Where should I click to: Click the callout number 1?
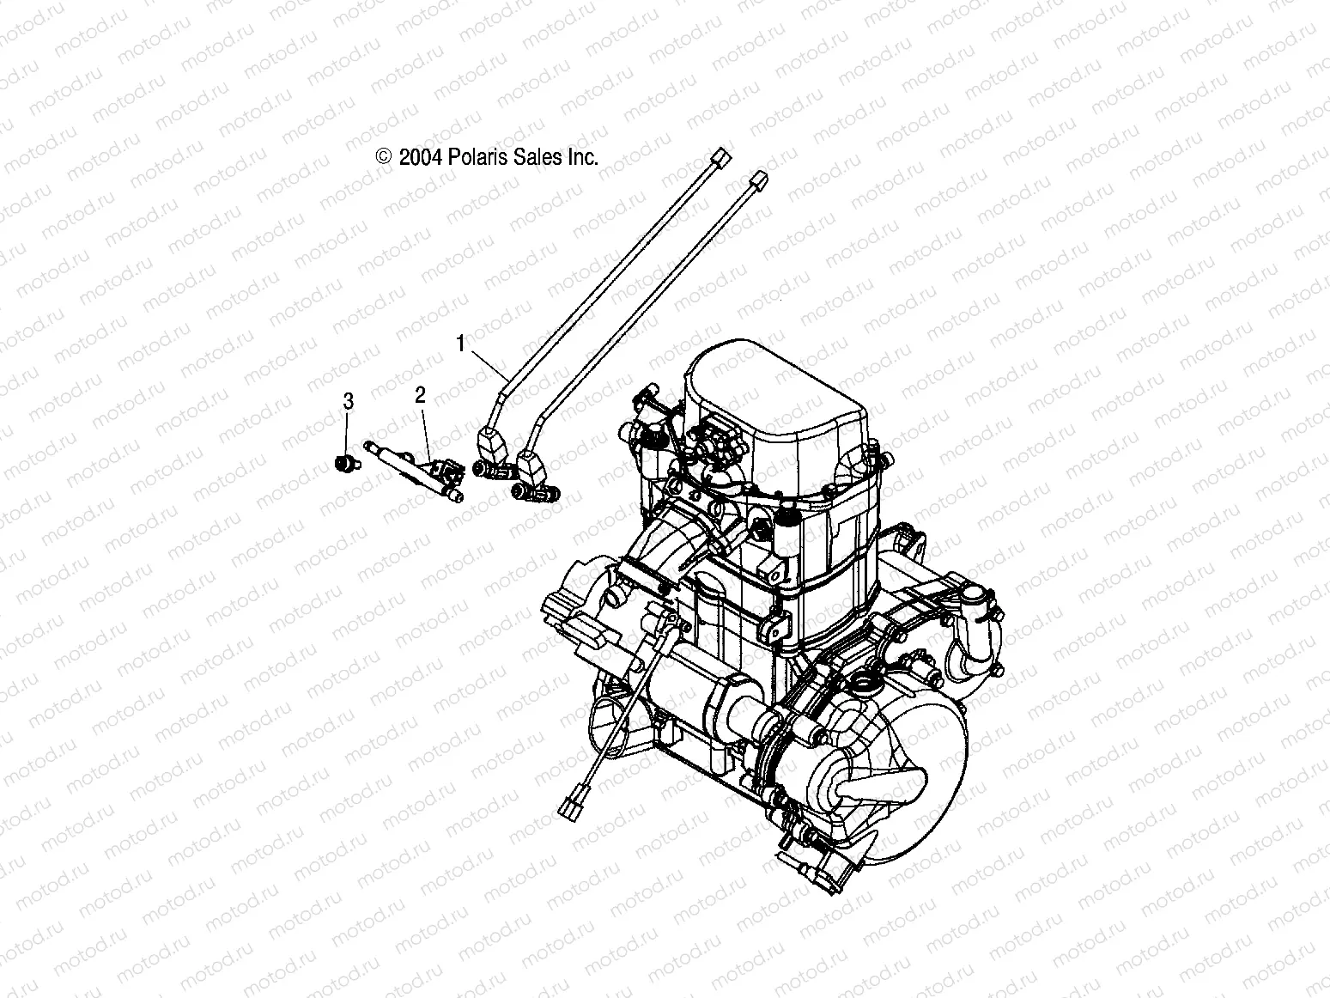pos(460,344)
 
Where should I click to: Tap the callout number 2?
pos(420,395)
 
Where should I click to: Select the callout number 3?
pos(348,400)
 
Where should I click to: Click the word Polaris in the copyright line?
pos(478,157)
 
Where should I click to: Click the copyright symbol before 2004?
pos(383,157)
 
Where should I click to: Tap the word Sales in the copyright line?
pos(538,157)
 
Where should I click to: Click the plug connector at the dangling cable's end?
pos(569,806)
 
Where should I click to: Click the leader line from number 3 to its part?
pos(348,434)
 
